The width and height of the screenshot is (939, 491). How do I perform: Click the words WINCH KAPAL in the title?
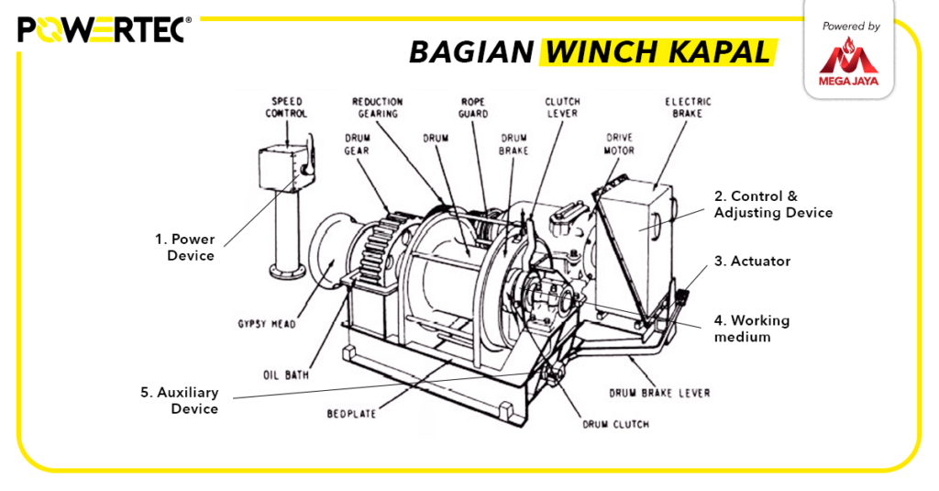(657, 52)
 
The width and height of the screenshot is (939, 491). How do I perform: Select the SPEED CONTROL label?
(287, 106)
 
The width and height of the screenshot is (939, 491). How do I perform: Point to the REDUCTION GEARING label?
(377, 107)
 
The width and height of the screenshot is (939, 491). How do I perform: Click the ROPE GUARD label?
(473, 107)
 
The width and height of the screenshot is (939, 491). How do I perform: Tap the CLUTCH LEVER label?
(562, 107)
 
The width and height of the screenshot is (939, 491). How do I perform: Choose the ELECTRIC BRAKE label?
(688, 107)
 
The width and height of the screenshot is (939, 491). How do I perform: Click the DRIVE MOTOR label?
(619, 144)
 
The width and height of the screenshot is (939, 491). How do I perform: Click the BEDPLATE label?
(351, 414)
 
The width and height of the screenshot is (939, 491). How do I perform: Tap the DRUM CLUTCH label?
(615, 424)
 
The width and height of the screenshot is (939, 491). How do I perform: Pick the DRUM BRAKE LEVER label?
(659, 393)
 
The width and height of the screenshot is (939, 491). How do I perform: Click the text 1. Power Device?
(184, 247)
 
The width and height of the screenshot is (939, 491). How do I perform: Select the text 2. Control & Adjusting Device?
(773, 205)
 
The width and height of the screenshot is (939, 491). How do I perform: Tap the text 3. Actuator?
(752, 262)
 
